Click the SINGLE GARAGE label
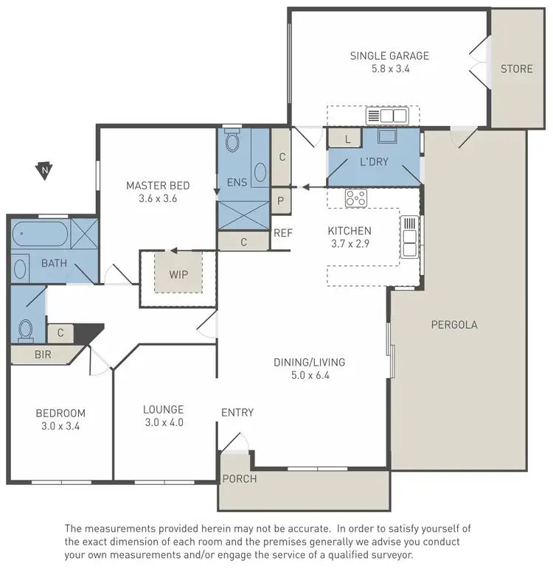(389, 55)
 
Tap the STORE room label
(516, 69)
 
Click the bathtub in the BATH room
(40, 237)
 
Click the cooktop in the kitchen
(356, 198)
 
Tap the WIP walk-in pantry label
(178, 275)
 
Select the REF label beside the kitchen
(283, 233)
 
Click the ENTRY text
(237, 413)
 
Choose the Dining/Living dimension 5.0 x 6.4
(309, 375)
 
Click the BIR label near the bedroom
(43, 355)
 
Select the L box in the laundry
(347, 139)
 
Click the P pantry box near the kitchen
(281, 200)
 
